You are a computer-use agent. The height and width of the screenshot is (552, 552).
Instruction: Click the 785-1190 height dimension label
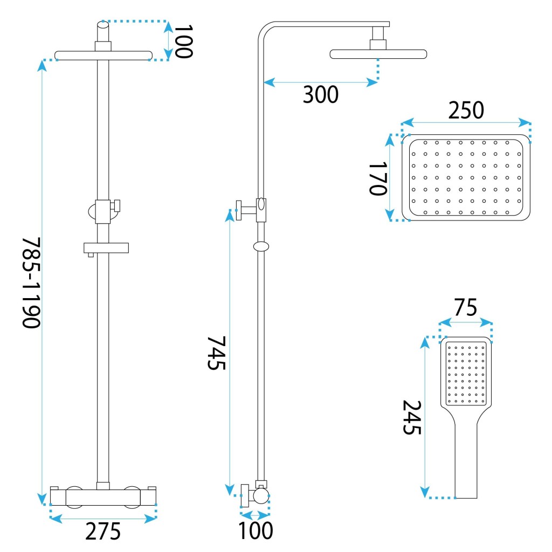point(31,282)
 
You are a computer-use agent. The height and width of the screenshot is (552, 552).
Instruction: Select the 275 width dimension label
point(102,532)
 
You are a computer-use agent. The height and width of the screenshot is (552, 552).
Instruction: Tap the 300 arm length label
point(320,95)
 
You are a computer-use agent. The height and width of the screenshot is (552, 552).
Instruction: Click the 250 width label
point(466,111)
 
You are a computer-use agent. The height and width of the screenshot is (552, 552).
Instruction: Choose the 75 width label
point(466,308)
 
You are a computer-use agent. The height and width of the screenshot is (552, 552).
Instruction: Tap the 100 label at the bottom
point(256,530)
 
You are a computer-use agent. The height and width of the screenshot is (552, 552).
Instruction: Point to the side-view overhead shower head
point(378,54)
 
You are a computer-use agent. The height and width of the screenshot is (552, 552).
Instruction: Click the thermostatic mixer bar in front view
point(103,496)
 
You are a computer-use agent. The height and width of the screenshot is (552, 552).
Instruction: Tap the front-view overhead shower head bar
point(103,55)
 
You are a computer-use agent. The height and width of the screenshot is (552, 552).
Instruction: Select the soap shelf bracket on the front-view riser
point(106,247)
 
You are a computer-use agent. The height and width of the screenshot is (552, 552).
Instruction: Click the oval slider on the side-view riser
point(261,247)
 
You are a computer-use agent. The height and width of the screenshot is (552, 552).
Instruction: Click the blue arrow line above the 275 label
point(103,519)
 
